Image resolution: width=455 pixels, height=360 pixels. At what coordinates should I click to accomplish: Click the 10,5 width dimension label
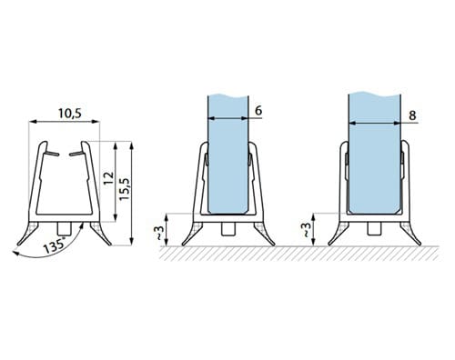[70, 114]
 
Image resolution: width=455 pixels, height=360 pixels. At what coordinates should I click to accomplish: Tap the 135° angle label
[55, 245]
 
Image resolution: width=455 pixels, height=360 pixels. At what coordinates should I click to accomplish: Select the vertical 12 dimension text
[108, 178]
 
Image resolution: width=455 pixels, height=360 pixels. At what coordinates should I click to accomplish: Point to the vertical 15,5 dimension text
[125, 189]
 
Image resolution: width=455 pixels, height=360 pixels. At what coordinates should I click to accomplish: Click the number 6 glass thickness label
[258, 111]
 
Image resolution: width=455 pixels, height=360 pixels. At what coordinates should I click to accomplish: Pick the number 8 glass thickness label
[412, 115]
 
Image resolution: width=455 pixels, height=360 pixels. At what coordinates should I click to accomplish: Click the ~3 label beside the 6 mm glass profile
[160, 233]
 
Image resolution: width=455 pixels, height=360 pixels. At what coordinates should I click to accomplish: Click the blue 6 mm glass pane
[228, 155]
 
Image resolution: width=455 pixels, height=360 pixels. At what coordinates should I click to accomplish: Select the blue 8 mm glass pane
[375, 153]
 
